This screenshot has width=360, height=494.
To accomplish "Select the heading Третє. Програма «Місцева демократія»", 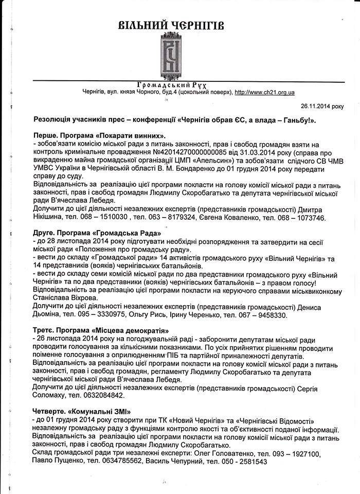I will click(100, 330).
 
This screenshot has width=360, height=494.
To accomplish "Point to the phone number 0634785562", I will click(120, 462).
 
